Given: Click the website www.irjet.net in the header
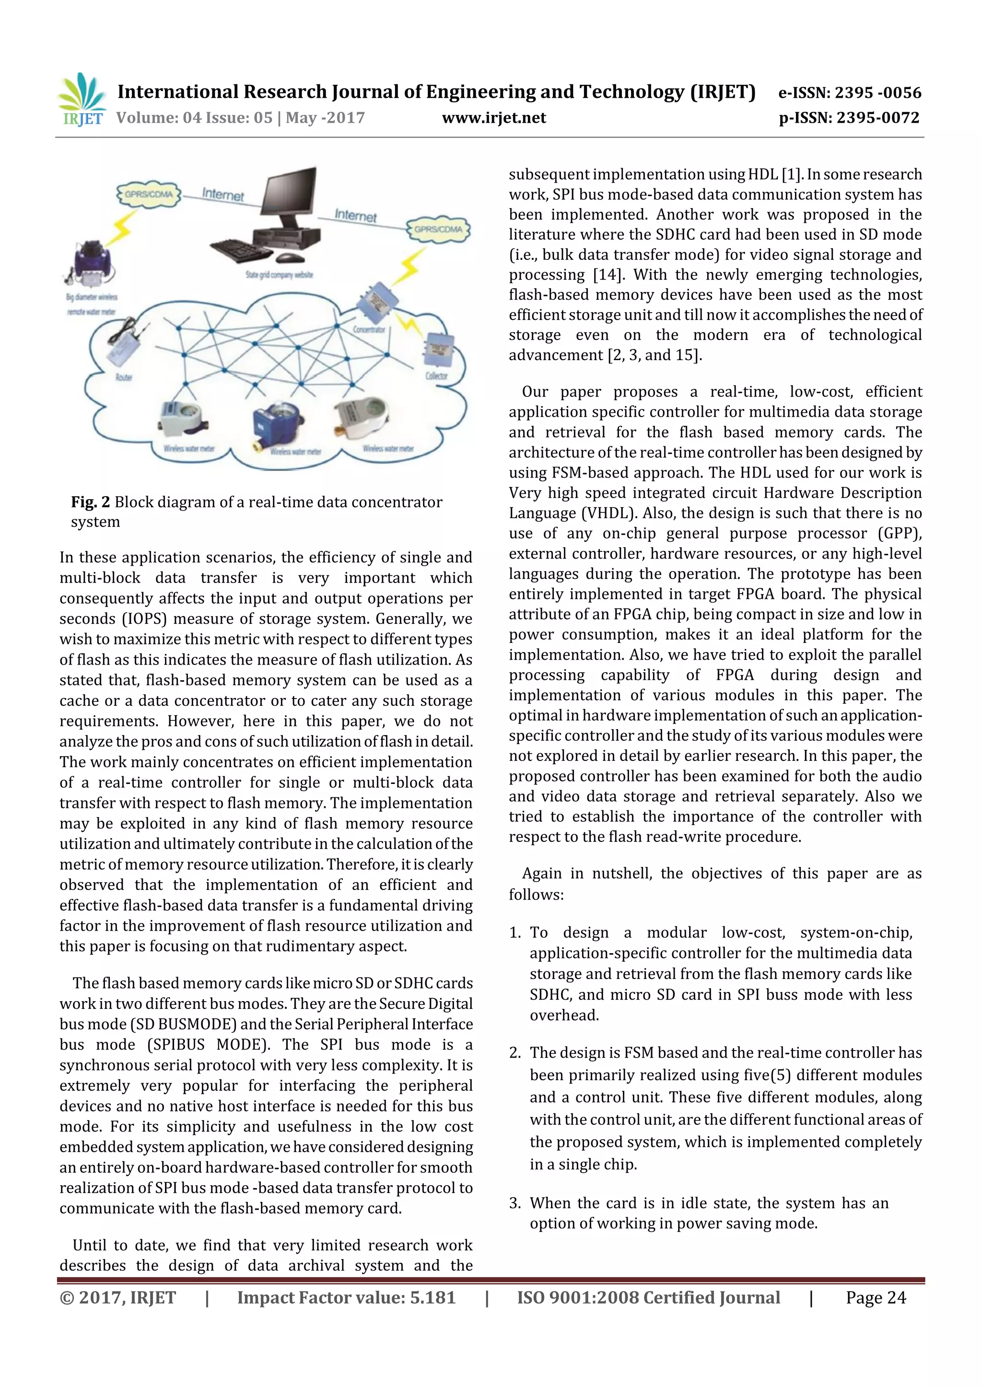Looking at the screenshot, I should [x=494, y=118].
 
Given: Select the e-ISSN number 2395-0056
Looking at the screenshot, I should [x=877, y=93].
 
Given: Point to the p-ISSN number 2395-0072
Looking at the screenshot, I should [x=877, y=118].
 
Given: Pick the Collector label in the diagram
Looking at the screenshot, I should [x=436, y=376].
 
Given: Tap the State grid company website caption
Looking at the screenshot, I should [x=279, y=275].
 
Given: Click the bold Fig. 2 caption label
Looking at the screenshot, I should [x=90, y=502].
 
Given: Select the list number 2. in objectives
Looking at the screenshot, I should [x=515, y=1052].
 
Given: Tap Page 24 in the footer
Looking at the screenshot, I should [x=875, y=1297].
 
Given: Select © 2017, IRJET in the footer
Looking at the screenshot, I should [x=117, y=1297].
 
